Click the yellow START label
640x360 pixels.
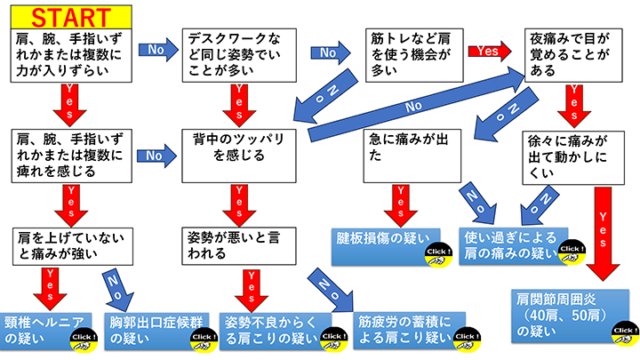pos(62,15)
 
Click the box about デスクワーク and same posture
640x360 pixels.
pos(235,53)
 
